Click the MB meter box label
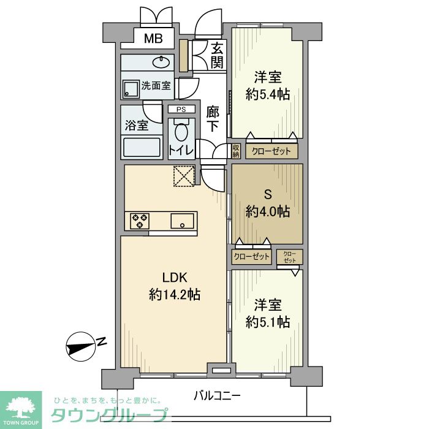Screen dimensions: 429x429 click(x=153, y=39)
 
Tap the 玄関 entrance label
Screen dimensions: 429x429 click(x=218, y=56)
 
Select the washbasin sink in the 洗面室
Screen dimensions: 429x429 click(x=161, y=63)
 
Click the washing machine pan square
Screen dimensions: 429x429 click(x=131, y=89)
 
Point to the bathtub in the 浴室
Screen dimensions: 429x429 click(x=142, y=148)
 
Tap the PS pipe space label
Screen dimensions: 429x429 click(x=181, y=110)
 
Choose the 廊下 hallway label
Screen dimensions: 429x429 click(x=212, y=119)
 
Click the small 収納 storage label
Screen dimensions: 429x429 click(x=236, y=151)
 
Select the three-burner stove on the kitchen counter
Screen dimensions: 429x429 click(x=140, y=221)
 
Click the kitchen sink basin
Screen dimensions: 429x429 click(x=182, y=221)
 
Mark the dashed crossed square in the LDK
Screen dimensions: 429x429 click(x=184, y=177)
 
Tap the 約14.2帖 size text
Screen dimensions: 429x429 click(x=175, y=295)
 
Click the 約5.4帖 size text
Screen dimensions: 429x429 click(x=268, y=94)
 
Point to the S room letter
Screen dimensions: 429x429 click(x=268, y=194)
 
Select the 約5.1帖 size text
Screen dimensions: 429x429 click(x=268, y=322)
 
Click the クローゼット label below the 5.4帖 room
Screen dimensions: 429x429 click(x=271, y=151)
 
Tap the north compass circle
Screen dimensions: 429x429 click(x=81, y=347)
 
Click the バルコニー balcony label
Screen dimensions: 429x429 click(x=217, y=396)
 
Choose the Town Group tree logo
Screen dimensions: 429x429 click(x=21, y=407)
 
